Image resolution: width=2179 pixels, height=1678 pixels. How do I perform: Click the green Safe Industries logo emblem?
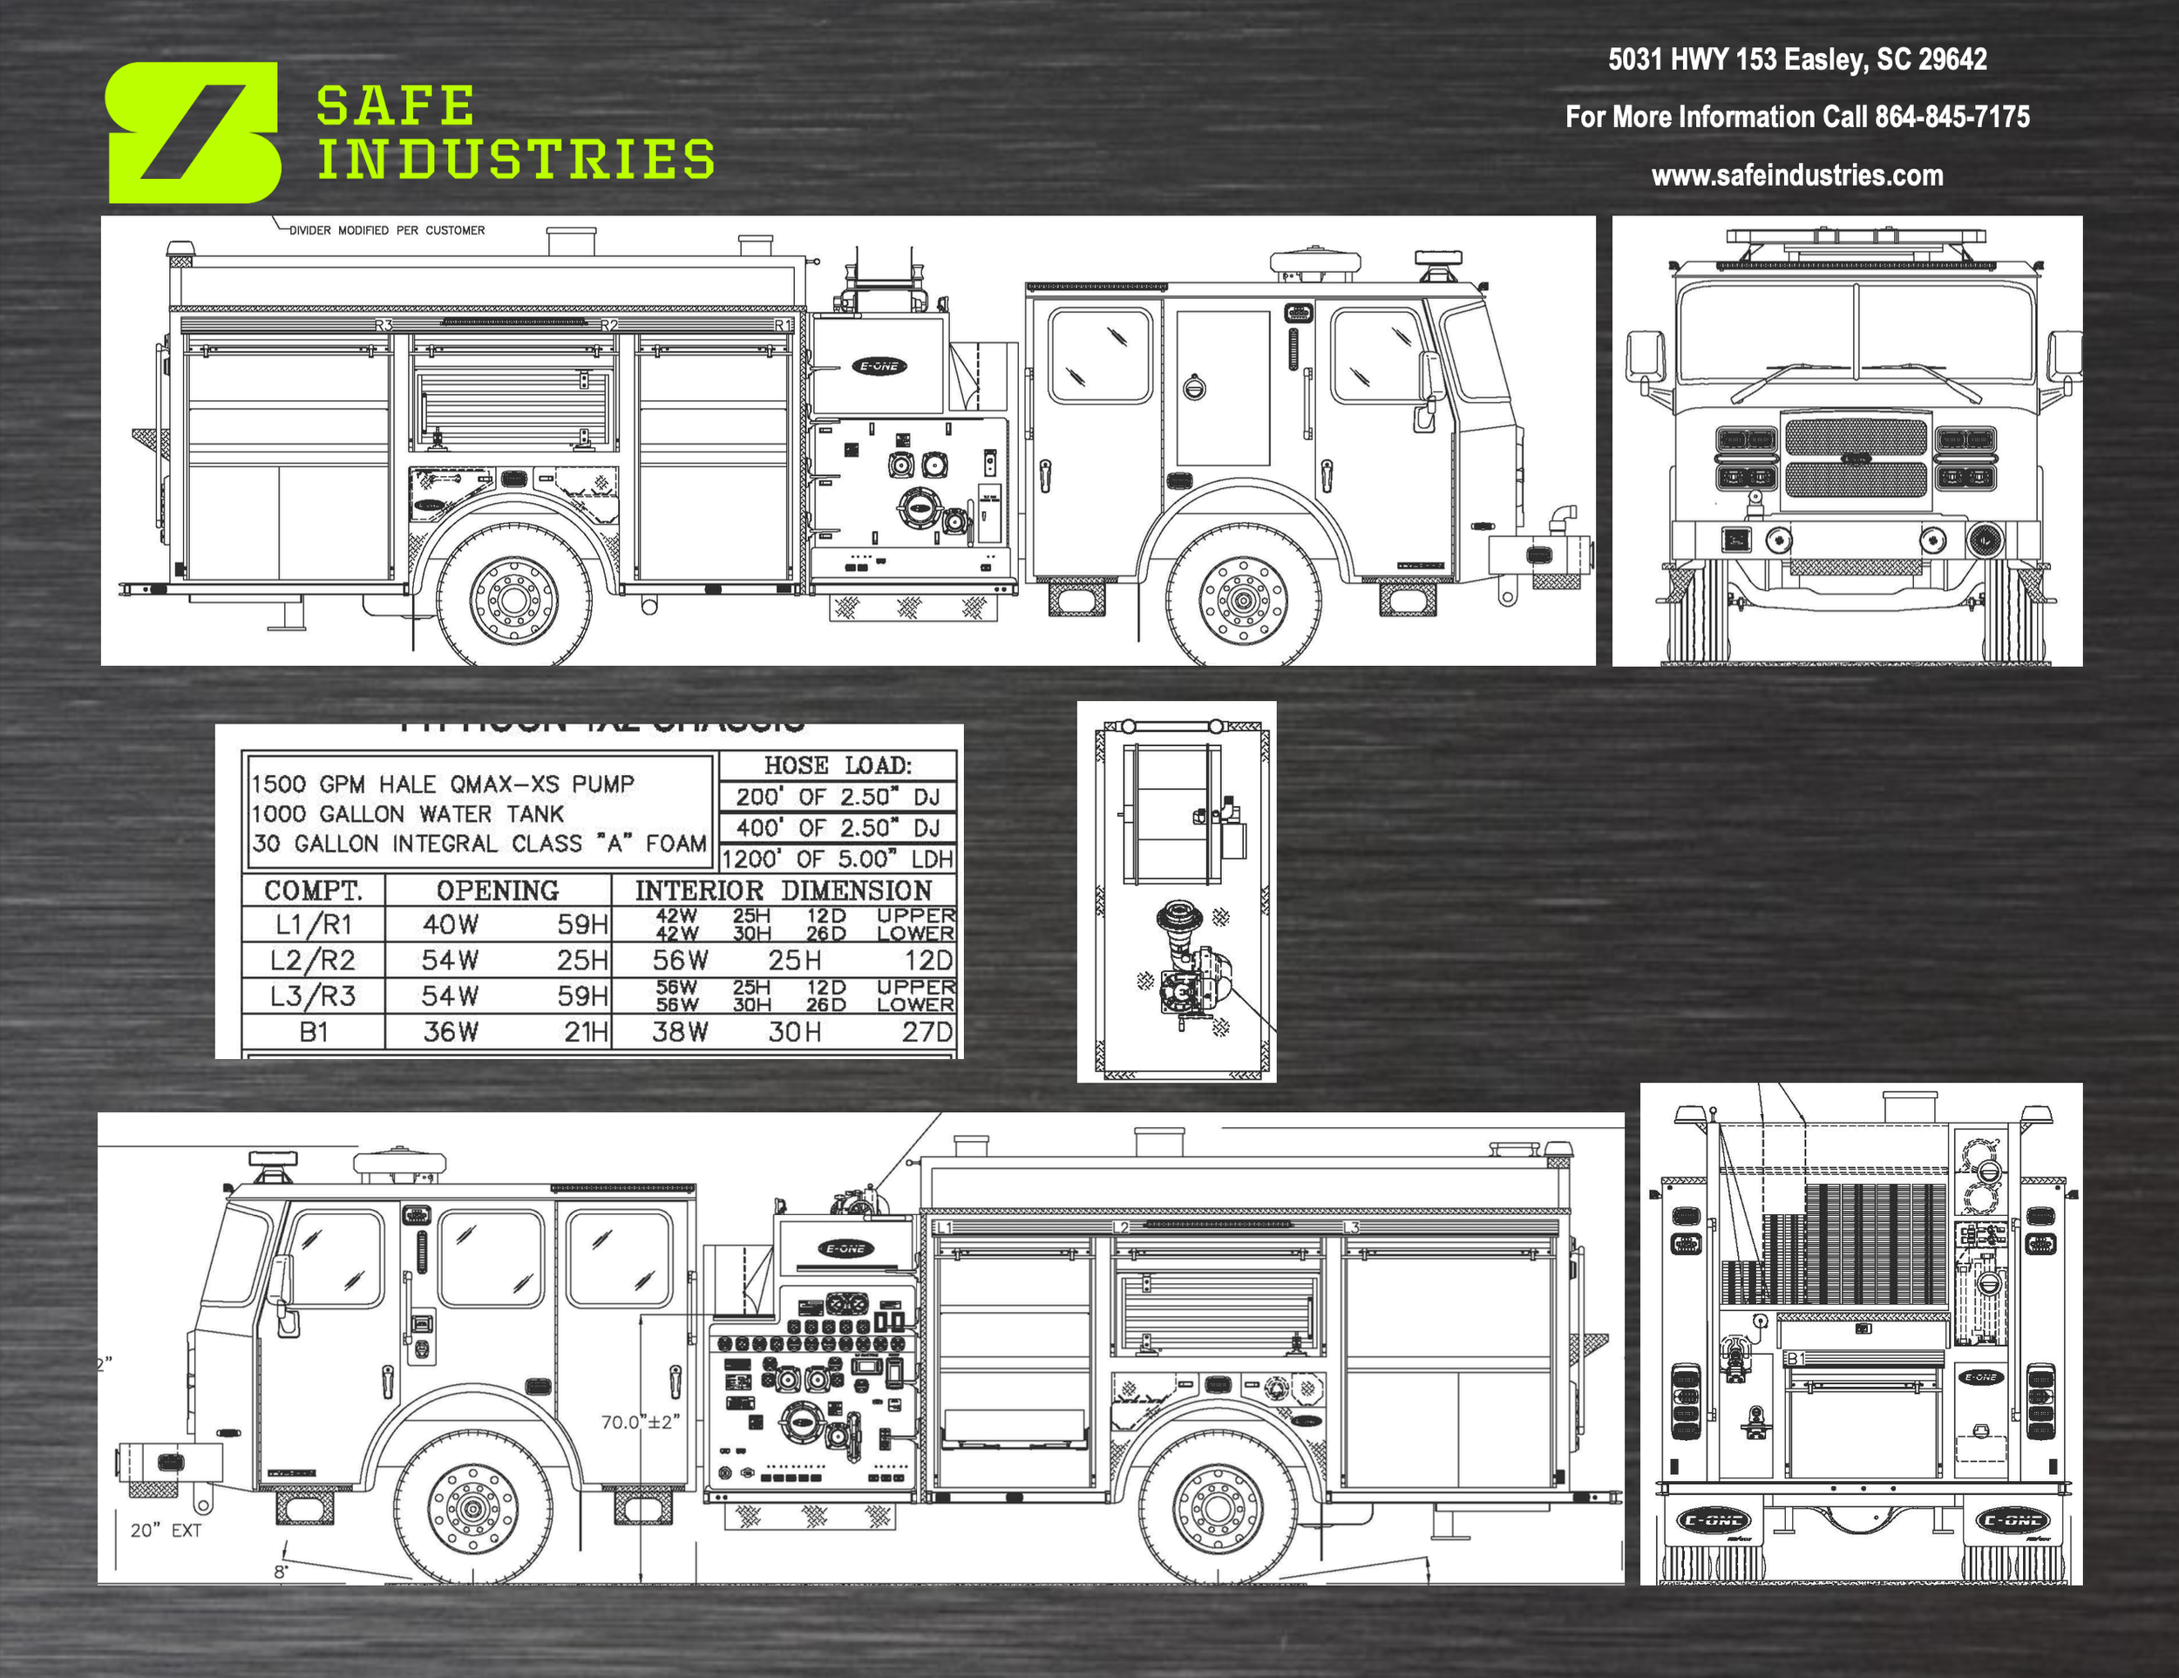[x=193, y=132]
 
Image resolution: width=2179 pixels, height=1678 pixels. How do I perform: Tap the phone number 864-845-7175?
[x=1952, y=117]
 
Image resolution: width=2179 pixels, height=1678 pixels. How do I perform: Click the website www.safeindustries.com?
[x=1797, y=175]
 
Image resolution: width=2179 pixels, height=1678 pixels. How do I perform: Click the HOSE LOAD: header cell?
[x=837, y=765]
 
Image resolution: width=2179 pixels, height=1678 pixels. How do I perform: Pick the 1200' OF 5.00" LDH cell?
[x=837, y=859]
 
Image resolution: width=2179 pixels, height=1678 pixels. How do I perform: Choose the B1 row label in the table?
[x=313, y=1031]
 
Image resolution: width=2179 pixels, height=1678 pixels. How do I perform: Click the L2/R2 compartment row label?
[x=313, y=960]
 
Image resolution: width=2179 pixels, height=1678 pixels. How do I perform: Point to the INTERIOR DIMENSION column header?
[x=784, y=890]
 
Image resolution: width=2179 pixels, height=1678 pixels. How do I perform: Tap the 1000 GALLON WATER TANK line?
[x=407, y=813]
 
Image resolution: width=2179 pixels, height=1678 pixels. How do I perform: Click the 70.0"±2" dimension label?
[x=640, y=1422]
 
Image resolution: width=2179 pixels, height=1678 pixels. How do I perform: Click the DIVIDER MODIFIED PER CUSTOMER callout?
[x=387, y=230]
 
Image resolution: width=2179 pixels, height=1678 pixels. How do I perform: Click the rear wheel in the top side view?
[x=514, y=599]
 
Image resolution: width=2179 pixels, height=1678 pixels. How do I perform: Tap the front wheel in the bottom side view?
[x=472, y=1508]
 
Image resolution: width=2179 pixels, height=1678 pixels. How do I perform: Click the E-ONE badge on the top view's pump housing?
[x=879, y=366]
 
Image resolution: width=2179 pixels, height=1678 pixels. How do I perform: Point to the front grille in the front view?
[x=1856, y=458]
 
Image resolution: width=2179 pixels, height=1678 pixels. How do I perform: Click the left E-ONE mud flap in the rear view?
[x=1712, y=1520]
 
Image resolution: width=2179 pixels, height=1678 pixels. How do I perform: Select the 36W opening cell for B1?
[x=451, y=1031]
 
